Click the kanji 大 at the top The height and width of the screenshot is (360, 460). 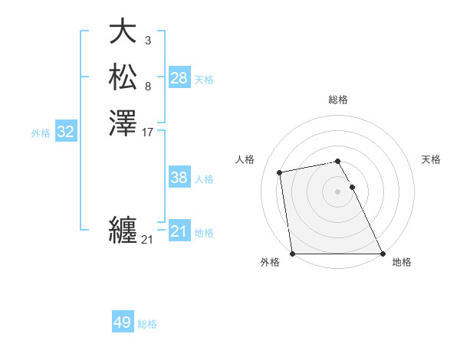(123, 32)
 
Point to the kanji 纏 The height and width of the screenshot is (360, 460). (123, 230)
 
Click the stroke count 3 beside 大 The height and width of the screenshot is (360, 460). (147, 40)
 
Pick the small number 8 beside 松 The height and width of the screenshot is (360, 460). (147, 86)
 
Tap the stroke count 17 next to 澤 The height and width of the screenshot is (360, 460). (148, 132)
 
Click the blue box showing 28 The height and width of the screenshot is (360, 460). (179, 78)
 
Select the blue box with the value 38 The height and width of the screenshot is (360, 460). (179, 178)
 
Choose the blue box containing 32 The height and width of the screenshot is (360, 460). (66, 132)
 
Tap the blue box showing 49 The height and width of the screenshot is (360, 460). (123, 322)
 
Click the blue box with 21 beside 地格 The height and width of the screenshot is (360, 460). (179, 231)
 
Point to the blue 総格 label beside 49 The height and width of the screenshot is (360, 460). (147, 324)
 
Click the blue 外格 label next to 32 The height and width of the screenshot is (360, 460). (41, 133)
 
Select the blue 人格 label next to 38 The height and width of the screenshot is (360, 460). (204, 179)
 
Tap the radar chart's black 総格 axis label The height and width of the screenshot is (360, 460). (337, 100)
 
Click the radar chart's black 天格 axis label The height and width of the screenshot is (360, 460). (432, 159)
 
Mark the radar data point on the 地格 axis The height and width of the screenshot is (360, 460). (382, 254)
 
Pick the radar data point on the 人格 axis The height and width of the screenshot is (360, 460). (281, 172)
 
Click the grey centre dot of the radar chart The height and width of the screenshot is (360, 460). (337, 191)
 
